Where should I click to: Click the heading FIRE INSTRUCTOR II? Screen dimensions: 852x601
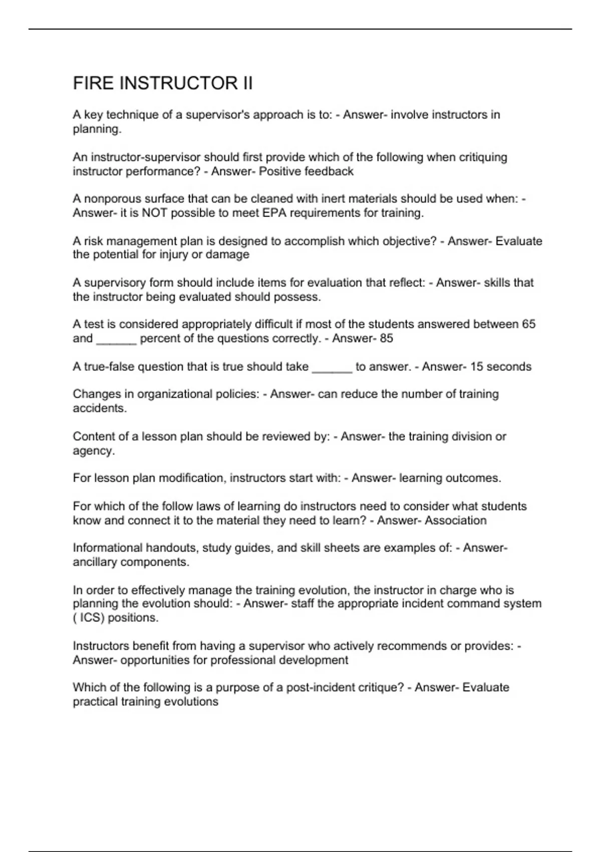coord(163,83)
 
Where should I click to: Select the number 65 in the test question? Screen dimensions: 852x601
coord(528,324)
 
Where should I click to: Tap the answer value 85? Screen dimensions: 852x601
coord(386,338)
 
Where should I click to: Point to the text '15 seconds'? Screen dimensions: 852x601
coord(501,367)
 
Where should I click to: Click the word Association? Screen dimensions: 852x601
coord(456,520)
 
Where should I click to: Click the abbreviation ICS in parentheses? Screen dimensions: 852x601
coord(90,618)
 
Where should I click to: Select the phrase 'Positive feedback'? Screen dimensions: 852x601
coord(306,171)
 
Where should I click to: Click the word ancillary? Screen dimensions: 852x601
coord(95,562)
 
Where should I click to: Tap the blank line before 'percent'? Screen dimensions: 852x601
coord(116,340)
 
